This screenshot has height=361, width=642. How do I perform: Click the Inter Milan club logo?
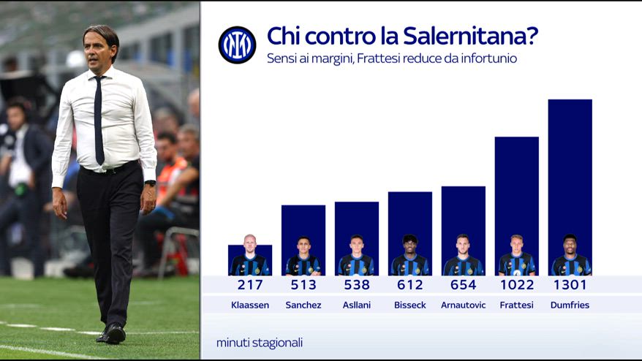tap(237, 45)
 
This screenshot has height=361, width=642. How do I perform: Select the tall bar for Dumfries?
tap(570, 168)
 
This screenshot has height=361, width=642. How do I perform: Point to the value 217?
tap(250, 285)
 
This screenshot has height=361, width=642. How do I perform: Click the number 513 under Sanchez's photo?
tap(303, 285)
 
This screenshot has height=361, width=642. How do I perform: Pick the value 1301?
tap(570, 285)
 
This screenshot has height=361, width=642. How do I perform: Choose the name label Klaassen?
tap(250, 305)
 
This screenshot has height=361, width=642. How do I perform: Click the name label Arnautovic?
tap(463, 305)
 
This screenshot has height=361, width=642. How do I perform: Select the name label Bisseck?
tap(409, 305)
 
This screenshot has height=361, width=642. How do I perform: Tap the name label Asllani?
tap(357, 305)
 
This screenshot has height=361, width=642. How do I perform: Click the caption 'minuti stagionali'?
tap(260, 342)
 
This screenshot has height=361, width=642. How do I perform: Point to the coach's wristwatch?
tap(150, 183)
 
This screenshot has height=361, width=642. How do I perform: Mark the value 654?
tap(463, 285)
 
